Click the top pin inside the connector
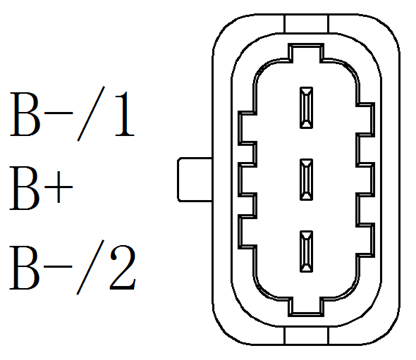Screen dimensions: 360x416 [x=307, y=106]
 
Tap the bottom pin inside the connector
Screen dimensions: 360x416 [x=307, y=249]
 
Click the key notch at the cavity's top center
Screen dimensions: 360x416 [x=307, y=52]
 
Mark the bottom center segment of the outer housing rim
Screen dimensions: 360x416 [x=307, y=336]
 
